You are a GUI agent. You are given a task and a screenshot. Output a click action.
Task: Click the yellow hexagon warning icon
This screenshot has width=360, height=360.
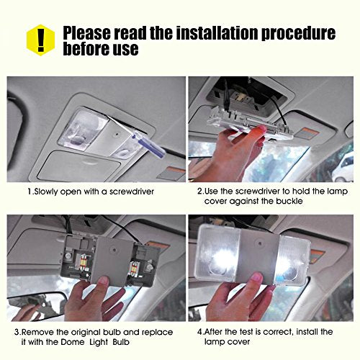click(40, 40)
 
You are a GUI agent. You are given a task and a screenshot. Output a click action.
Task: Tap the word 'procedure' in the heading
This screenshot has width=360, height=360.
click(298, 34)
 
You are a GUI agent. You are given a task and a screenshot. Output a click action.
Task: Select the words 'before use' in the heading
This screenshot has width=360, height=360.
click(101, 49)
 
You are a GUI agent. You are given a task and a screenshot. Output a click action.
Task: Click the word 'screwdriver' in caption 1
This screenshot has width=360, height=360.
click(132, 192)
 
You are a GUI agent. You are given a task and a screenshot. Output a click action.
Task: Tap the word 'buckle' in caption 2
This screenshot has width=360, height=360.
click(289, 201)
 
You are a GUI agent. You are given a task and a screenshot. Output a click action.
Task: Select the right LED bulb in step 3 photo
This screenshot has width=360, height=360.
click(133, 269)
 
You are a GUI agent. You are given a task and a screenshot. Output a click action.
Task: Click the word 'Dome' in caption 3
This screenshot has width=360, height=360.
click(73, 342)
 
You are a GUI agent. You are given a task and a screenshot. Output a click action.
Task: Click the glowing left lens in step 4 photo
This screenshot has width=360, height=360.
click(218, 253)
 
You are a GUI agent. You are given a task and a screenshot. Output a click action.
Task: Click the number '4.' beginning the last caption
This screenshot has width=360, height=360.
click(200, 332)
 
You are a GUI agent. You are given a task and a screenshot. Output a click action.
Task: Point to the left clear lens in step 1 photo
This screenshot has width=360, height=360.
click(83, 130)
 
